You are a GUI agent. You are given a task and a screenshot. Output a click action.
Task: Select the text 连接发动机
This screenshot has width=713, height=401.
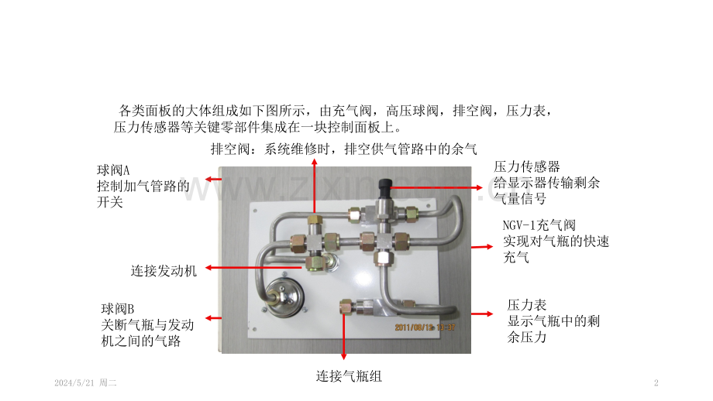(164, 270)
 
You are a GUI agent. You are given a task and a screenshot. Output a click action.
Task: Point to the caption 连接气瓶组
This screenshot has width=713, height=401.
(349, 376)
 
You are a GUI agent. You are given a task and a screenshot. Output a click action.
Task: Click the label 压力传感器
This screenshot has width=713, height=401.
(527, 166)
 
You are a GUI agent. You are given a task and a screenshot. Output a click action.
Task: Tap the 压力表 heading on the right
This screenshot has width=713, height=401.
(527, 305)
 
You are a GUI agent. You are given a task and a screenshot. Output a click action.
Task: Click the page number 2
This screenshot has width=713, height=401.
(656, 383)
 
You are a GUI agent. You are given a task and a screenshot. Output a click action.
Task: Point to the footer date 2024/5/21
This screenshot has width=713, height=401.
(74, 383)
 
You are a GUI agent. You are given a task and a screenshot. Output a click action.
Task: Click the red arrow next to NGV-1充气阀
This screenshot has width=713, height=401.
(480, 246)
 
